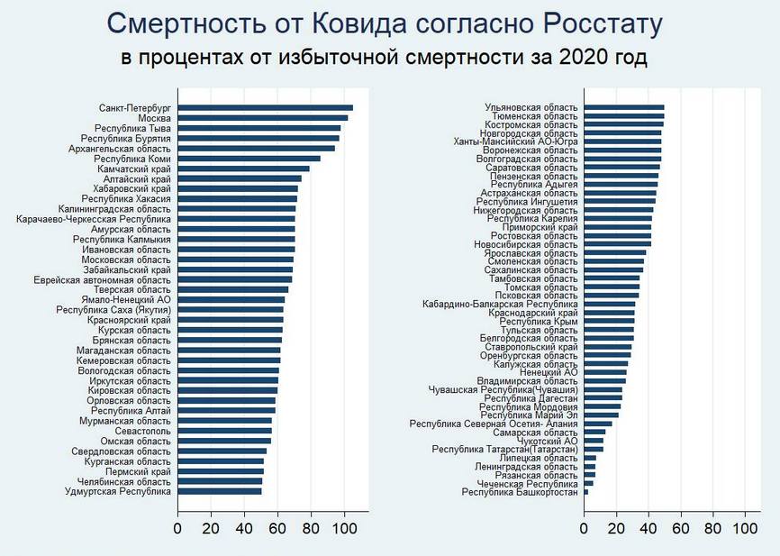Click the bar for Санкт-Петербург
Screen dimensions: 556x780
coord(265,108)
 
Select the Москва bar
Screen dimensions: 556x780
coord(262,118)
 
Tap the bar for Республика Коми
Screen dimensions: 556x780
coord(249,159)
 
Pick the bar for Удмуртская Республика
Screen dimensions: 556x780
coord(220,491)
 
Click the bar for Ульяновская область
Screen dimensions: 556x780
coord(624,108)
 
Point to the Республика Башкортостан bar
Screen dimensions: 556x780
coord(586,492)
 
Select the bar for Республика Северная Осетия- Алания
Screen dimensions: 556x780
coord(598,423)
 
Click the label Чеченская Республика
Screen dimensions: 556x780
coord(528,484)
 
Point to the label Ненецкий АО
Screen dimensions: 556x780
coord(549,371)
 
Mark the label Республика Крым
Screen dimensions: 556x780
coord(539,321)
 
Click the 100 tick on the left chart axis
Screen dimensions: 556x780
coord(343,527)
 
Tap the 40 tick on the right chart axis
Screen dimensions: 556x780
coord(648,527)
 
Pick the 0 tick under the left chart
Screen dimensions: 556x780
coord(178,527)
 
